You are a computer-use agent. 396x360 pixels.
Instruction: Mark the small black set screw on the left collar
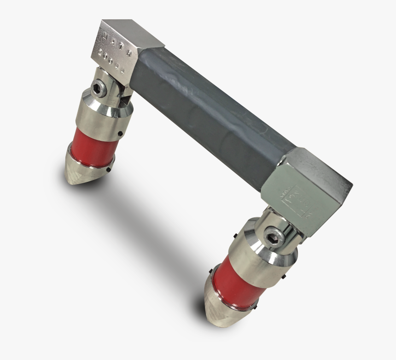[120, 134]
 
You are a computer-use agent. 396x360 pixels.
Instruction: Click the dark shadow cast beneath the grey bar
[152, 221]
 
